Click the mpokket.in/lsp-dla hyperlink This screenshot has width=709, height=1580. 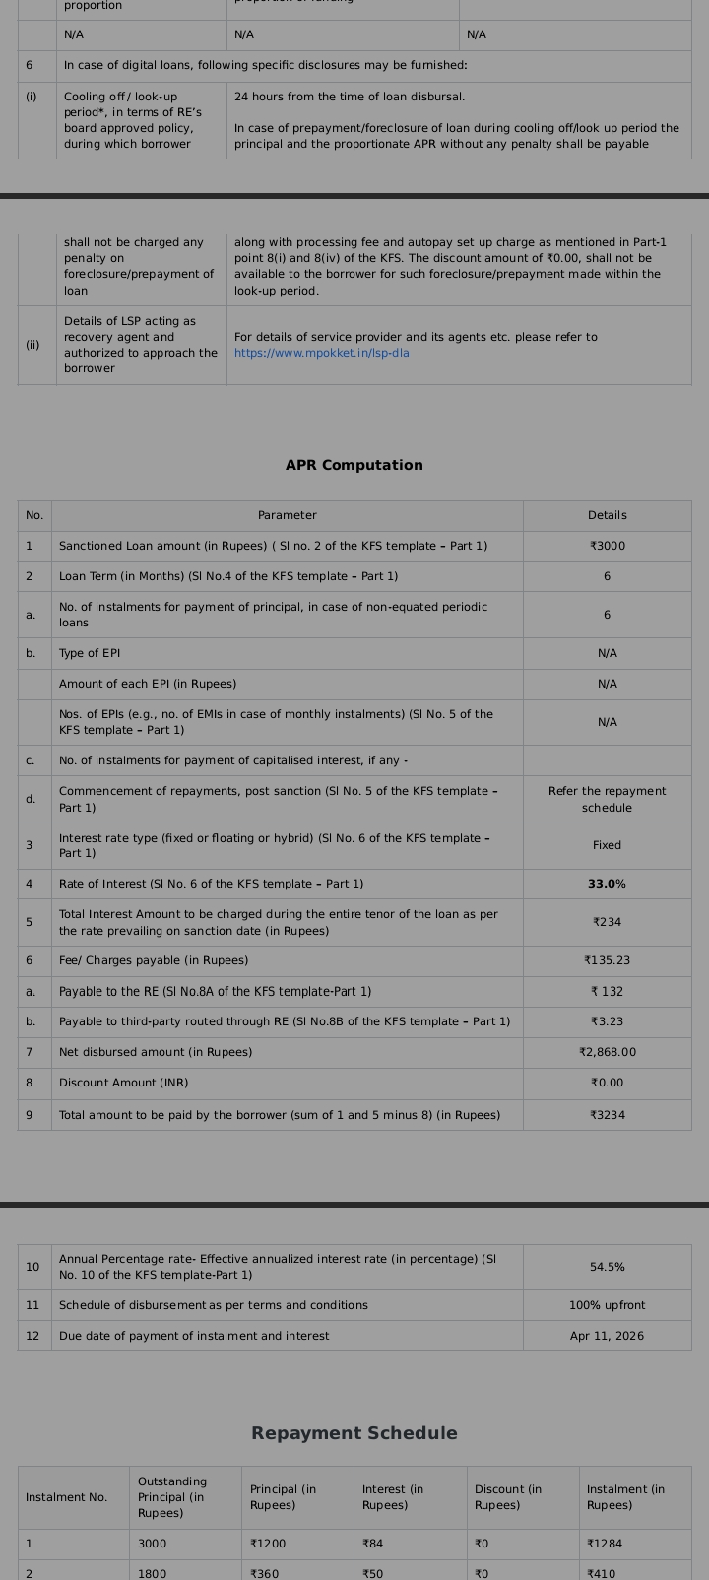(321, 353)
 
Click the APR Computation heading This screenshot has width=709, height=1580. (354, 465)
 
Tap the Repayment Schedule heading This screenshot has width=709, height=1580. (354, 1433)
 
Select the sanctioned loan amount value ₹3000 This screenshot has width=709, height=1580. (607, 546)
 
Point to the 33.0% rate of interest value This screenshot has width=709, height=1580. (607, 884)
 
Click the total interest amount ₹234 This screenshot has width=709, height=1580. (607, 922)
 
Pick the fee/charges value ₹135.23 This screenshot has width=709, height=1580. (607, 960)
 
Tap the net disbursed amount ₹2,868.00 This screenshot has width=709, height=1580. (607, 1052)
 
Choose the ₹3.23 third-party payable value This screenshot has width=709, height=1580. (607, 1021)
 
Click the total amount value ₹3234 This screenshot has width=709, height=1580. (607, 1115)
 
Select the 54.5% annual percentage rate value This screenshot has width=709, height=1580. (607, 1267)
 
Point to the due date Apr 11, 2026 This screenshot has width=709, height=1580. (607, 1336)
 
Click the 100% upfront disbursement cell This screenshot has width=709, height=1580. (607, 1305)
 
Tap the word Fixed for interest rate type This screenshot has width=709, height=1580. (607, 845)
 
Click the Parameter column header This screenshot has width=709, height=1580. (287, 515)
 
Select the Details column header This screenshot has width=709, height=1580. (607, 515)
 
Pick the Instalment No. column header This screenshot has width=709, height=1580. (66, 1497)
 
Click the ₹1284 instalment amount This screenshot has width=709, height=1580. (605, 1544)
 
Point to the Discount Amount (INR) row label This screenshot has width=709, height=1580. (123, 1083)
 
